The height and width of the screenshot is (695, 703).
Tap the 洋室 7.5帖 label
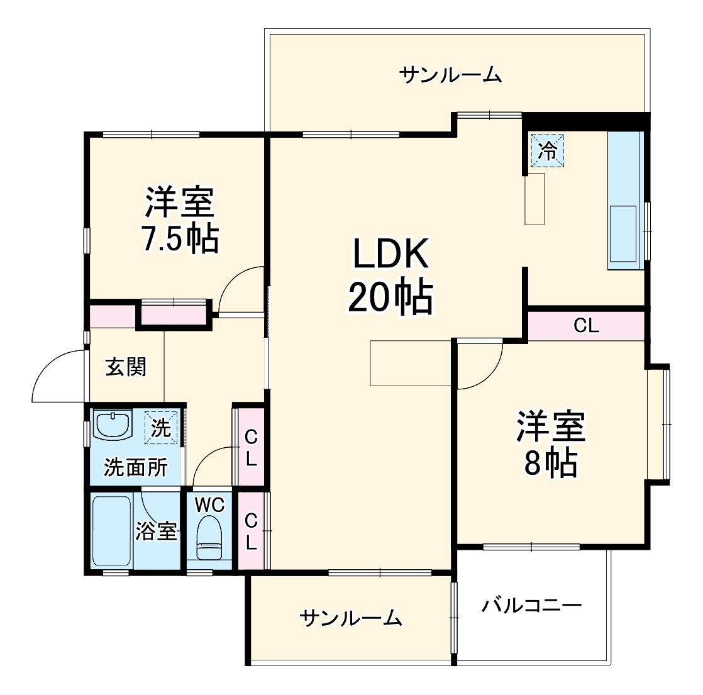tap(180, 220)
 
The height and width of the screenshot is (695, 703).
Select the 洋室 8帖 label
tap(551, 444)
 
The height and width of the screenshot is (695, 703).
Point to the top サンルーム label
tap(451, 75)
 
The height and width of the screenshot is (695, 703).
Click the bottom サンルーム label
tap(351, 618)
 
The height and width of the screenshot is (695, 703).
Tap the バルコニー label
tap(532, 606)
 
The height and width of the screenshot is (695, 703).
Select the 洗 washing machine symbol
tap(161, 428)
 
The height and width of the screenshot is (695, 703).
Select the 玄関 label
tap(126, 367)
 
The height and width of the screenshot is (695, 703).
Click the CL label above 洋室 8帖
tap(586, 326)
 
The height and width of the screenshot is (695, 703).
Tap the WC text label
tap(209, 504)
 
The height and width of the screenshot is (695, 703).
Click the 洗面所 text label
tap(136, 467)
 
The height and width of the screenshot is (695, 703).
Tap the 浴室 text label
tap(156, 532)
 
